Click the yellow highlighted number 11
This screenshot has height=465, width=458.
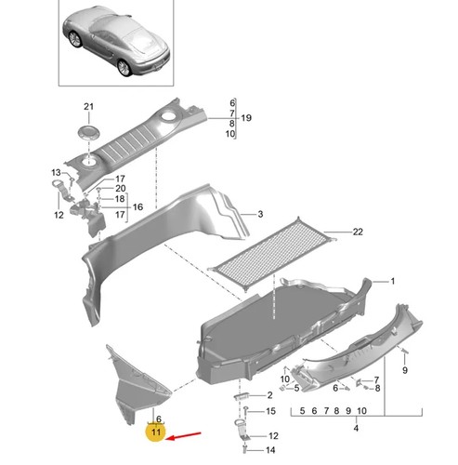click(x=156, y=432)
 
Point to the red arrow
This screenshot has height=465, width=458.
click(x=184, y=435)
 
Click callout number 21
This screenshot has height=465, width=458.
click(x=88, y=107)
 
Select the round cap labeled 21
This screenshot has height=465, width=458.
click(x=89, y=132)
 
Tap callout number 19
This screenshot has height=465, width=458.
click(x=246, y=118)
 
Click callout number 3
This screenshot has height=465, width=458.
click(x=260, y=214)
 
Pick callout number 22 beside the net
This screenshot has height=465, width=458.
click(x=358, y=232)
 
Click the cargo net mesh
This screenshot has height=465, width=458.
click(x=272, y=253)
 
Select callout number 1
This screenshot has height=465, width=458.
click(x=393, y=281)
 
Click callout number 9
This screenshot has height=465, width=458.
click(x=405, y=370)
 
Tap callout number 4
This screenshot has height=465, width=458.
click(x=356, y=428)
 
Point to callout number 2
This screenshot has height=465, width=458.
click(x=269, y=395)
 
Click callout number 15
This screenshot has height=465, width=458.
click(x=270, y=411)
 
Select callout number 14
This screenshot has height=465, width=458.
click(x=270, y=450)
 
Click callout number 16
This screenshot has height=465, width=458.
click(x=137, y=206)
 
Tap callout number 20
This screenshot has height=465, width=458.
click(x=120, y=188)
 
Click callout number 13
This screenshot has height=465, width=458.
click(x=56, y=172)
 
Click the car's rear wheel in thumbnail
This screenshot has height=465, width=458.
click(x=124, y=67)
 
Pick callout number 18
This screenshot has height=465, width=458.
click(x=120, y=199)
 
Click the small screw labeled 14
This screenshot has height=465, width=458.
click(x=245, y=449)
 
